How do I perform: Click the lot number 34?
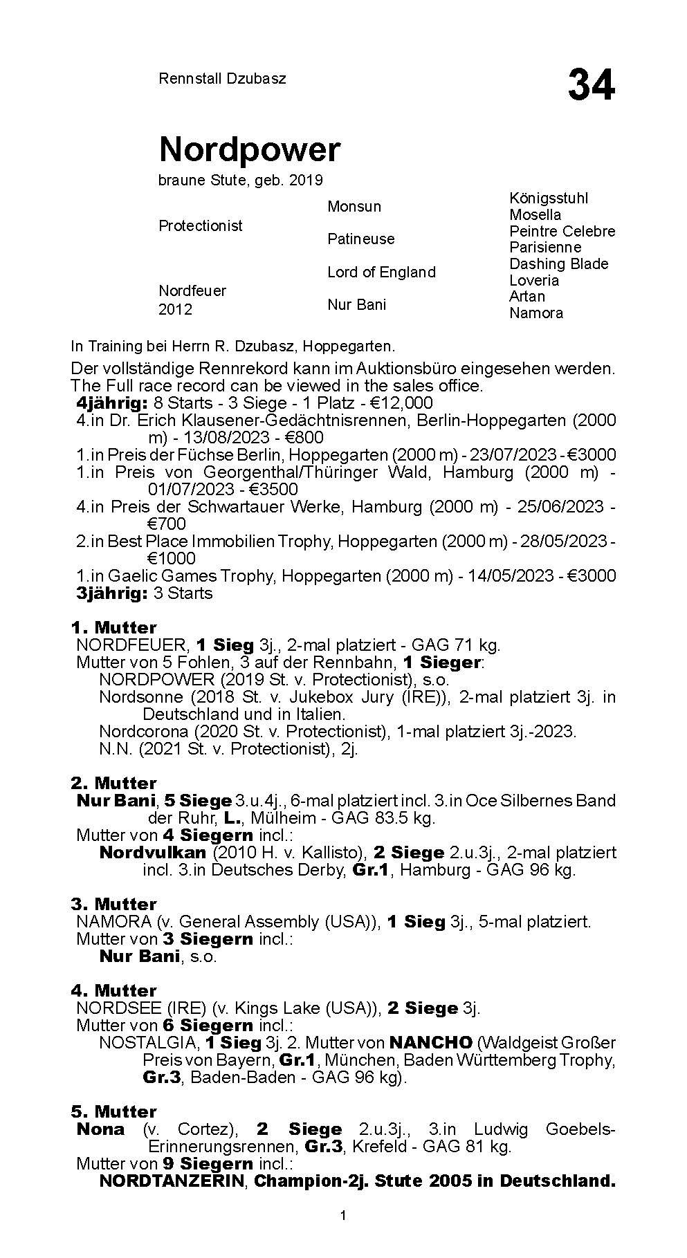tap(591, 85)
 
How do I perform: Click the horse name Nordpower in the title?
tap(250, 149)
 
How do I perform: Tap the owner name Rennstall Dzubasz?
tap(222, 78)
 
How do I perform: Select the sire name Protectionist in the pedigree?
tap(201, 225)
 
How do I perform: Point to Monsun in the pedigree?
tap(354, 206)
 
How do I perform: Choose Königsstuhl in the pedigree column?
tap(549, 198)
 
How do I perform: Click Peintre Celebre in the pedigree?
tap(562, 231)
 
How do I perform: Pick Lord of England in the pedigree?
tap(381, 272)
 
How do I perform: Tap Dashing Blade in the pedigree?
tap(558, 263)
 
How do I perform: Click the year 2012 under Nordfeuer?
tap(175, 309)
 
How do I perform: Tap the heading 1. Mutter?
tap(113, 627)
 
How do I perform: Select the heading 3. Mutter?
tap(113, 904)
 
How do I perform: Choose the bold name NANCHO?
tap(431, 1042)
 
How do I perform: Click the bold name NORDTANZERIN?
tap(172, 1181)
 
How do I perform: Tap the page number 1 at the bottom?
tap(343, 1234)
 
